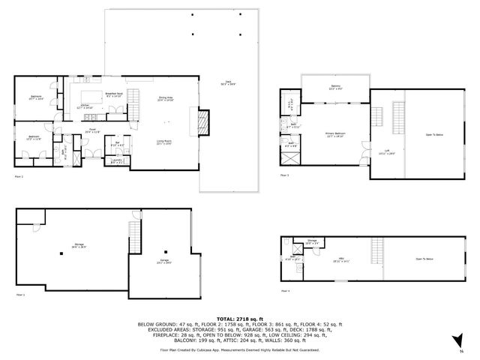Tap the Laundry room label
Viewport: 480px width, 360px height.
click(x=115, y=160)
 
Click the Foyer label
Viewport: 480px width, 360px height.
click(x=91, y=130)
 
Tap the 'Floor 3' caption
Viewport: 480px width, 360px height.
click(x=284, y=175)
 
